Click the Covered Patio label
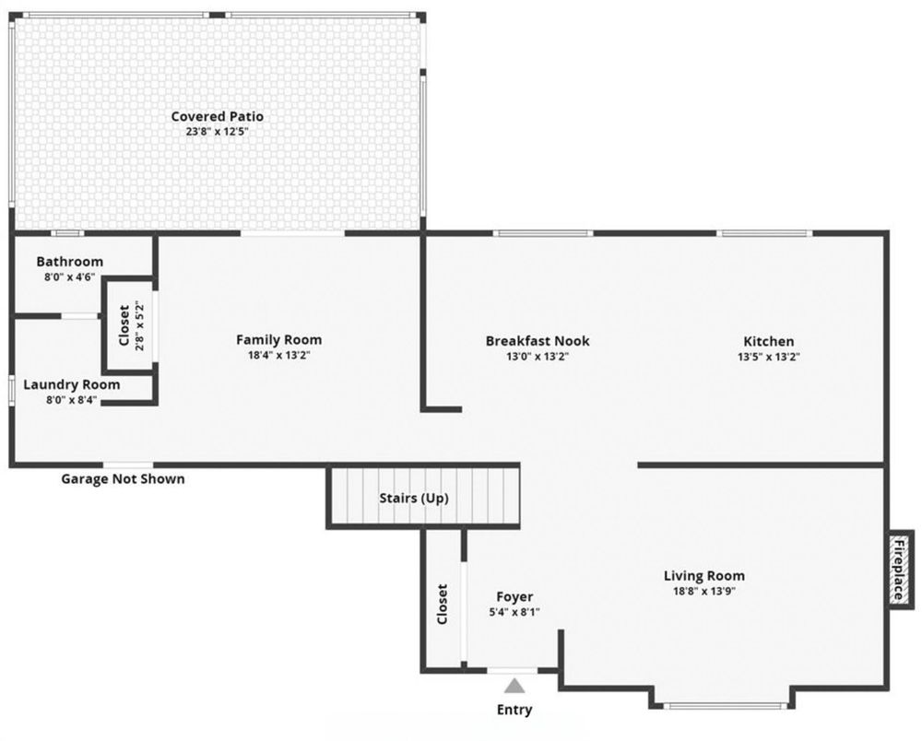click(217, 116)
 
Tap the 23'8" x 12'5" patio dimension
click(217, 132)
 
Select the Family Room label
click(278, 339)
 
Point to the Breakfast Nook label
click(538, 341)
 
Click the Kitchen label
click(768, 341)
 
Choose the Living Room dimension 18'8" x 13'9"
click(704, 592)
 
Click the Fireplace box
click(900, 568)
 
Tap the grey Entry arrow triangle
click(514, 685)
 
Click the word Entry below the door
click(514, 710)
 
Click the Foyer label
click(514, 596)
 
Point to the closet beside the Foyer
click(443, 604)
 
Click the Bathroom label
click(69, 262)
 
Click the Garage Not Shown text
click(123, 478)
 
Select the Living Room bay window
click(727, 706)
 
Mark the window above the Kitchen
click(765, 233)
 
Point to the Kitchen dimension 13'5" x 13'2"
click(768, 356)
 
